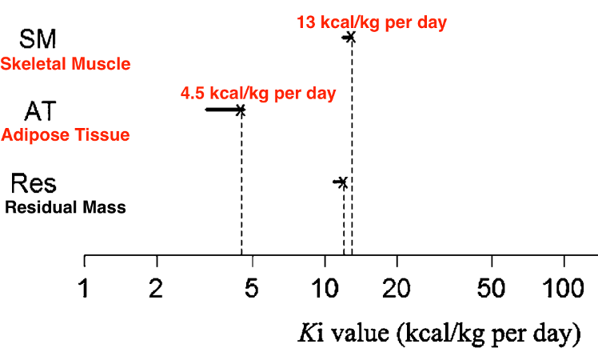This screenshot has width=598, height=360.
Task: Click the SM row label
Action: coord(38,38)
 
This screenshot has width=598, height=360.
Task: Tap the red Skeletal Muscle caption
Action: coord(66,64)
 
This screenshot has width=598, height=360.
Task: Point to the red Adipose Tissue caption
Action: coord(66,135)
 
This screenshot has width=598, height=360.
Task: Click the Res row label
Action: coord(34,183)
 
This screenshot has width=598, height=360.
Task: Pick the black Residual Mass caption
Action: coord(66,208)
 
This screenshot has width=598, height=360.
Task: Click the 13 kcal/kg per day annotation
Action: coord(371,22)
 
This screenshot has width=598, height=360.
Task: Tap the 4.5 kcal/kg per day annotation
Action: coord(258,93)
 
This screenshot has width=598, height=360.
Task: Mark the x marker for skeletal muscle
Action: coord(350,37)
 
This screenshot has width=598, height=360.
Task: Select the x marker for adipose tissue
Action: coord(241,110)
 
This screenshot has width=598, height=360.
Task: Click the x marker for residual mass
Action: coord(343,183)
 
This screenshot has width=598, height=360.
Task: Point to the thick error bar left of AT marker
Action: coord(221,109)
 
